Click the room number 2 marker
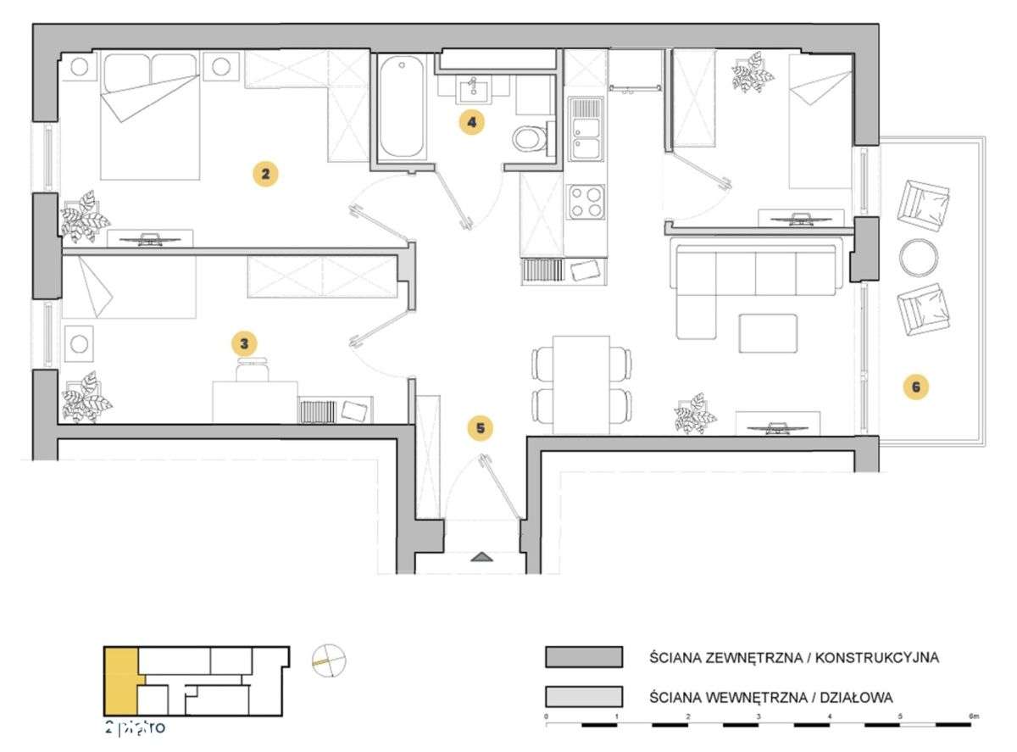click(265, 175)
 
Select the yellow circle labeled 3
click(244, 343)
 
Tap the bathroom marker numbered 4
click(472, 122)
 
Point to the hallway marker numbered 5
click(481, 428)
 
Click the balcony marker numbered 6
click(915, 387)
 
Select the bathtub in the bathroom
click(402, 107)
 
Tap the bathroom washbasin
click(470, 88)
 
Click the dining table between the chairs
click(581, 384)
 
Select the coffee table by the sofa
click(768, 333)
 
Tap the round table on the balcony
click(917, 257)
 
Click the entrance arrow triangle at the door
click(481, 557)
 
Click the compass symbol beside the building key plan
click(330, 661)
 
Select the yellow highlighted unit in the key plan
click(119, 681)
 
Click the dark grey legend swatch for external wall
click(584, 658)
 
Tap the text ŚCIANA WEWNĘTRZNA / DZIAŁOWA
click(771, 697)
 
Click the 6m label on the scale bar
click(974, 717)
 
